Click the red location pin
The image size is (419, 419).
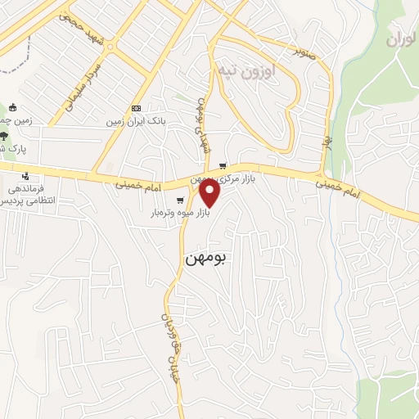point(210,193)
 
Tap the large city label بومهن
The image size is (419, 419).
point(205,255)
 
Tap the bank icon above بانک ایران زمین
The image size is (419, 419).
point(136,109)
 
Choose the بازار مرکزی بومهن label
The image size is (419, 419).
point(221,178)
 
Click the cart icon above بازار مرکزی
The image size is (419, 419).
point(222,166)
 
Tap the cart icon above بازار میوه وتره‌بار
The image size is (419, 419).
point(180,201)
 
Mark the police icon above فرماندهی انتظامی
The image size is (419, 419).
point(26,176)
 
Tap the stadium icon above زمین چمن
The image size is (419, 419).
point(13,107)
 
